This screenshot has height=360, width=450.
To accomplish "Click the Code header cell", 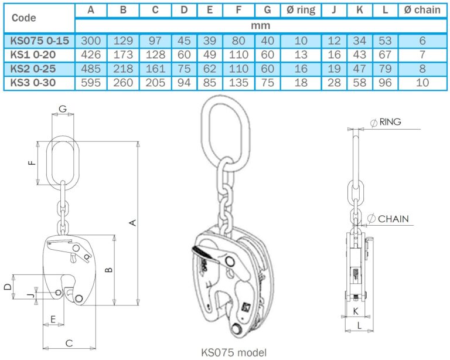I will (x=23, y=18).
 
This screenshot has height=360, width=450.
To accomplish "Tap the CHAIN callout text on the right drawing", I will (x=393, y=219).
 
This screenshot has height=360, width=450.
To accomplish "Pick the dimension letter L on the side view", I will (x=358, y=324).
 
